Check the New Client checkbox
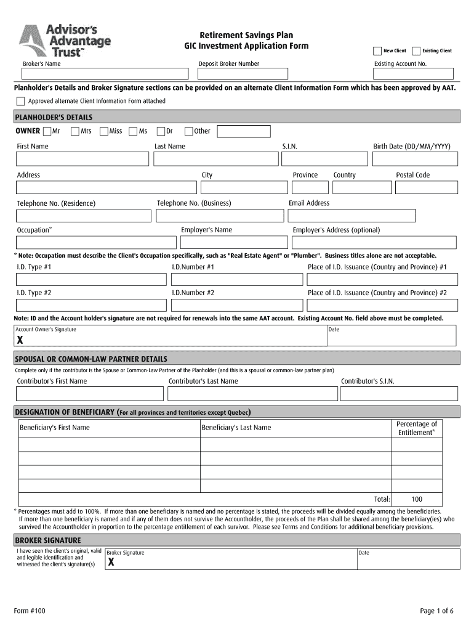click(377, 51)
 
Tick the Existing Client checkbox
click(416, 51)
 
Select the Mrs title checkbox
click(75, 131)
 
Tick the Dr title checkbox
click(161, 131)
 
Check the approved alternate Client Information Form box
click(21, 101)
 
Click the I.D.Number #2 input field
click(236, 305)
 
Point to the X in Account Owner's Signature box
click(20, 340)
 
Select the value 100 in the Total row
click(417, 499)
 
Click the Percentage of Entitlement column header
click(417, 428)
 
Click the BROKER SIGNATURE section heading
click(48, 540)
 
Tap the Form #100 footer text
click(30, 611)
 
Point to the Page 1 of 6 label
click(436, 611)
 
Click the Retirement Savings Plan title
click(246, 35)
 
